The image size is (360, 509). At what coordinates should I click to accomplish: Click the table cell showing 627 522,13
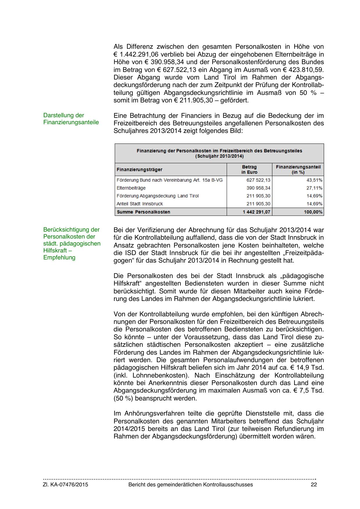(258, 180)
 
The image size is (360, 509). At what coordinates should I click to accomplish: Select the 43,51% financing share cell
(314, 180)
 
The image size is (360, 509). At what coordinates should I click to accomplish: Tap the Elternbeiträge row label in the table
(131, 188)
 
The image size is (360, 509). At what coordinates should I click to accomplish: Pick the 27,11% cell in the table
(314, 188)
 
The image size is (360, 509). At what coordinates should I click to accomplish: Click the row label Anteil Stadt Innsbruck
(140, 204)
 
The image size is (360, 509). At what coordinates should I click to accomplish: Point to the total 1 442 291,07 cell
(256, 212)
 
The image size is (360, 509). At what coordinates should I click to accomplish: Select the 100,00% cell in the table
(313, 212)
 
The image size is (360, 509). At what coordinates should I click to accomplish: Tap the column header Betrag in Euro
(249, 169)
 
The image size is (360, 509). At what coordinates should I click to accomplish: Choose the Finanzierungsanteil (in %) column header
(298, 169)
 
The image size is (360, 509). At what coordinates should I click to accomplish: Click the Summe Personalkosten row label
(143, 212)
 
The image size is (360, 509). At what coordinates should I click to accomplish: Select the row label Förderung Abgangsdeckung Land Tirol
(158, 196)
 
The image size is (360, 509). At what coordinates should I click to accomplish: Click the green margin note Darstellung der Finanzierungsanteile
(71, 119)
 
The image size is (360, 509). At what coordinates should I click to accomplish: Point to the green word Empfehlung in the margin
(59, 257)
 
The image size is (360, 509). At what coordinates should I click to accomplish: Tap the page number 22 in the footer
(314, 485)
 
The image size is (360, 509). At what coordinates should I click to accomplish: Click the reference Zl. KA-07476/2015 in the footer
(66, 485)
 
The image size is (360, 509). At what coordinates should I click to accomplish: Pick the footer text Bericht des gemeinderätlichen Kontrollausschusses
(191, 485)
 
